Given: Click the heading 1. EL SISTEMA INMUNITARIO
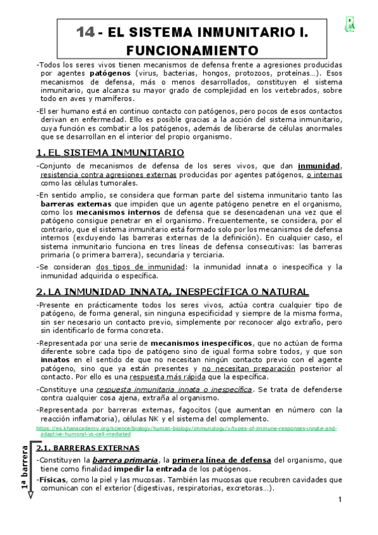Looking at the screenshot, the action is (x=110, y=153).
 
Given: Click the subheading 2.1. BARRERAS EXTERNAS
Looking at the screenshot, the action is (x=88, y=448).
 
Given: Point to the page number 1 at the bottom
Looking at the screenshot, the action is (x=340, y=500).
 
